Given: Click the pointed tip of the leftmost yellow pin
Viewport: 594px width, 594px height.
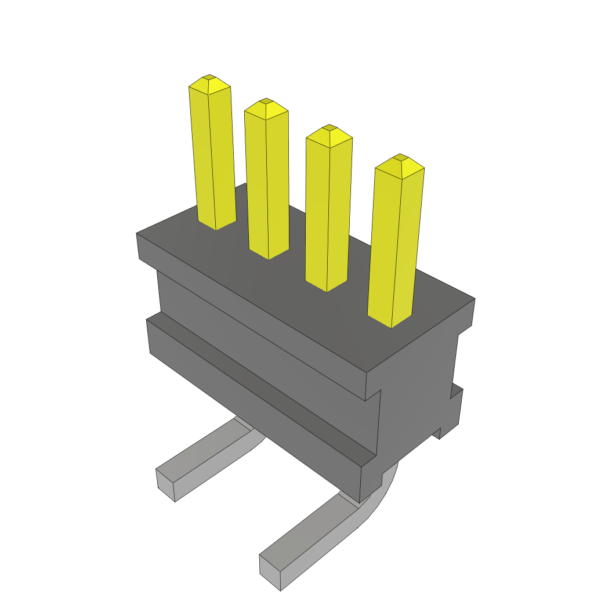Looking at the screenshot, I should [209, 78].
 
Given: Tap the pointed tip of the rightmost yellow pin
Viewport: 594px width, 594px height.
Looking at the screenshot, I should [400, 157].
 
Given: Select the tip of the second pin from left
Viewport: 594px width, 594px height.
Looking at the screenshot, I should [266, 102].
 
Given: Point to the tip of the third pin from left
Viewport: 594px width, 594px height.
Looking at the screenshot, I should [329, 128].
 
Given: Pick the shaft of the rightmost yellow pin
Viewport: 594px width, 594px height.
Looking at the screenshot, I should [396, 244].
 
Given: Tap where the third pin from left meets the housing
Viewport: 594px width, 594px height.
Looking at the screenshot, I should [327, 287].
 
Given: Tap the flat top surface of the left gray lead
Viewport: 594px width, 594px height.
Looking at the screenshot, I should [209, 447].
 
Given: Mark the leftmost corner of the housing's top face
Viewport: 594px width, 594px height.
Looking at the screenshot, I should [137, 233].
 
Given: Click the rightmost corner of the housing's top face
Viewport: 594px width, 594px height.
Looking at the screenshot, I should [474, 299].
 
